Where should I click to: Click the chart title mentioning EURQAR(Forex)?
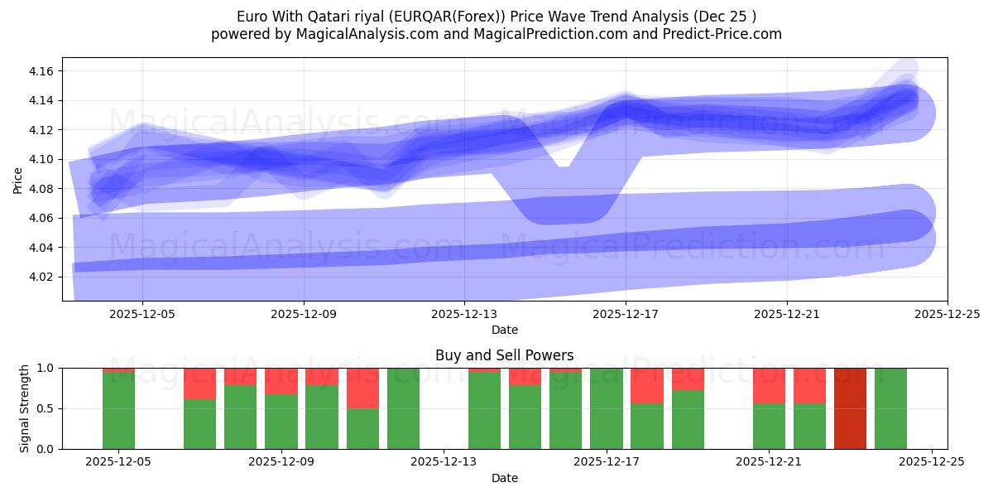point(496,16)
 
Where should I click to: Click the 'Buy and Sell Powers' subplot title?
point(504,355)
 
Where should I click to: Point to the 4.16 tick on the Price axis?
point(41,72)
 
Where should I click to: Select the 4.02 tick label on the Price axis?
point(41,277)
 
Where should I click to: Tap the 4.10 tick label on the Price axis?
point(41,160)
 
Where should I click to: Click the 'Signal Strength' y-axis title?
point(25,408)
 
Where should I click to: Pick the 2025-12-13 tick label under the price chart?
point(464,314)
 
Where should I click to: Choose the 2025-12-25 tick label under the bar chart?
point(933,461)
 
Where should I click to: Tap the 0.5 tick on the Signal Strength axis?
point(44,408)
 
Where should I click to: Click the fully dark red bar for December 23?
point(850,408)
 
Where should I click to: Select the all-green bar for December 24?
point(890,408)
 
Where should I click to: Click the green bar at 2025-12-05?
point(118,411)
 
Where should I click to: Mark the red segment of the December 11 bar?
point(362,388)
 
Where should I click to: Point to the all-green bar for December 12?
point(403,408)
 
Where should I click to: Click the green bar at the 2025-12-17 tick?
point(607,408)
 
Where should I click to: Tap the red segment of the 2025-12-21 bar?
point(769,385)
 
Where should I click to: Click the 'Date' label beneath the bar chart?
point(504,478)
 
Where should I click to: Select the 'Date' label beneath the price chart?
point(504,330)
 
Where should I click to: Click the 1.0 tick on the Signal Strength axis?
point(44,368)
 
